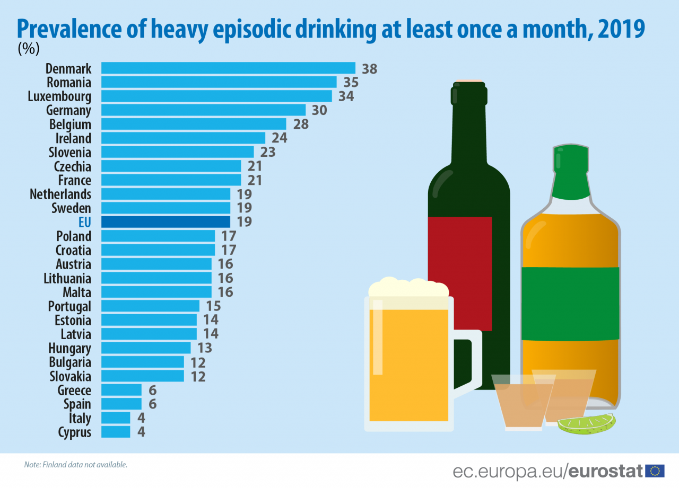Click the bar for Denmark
coord(228,68)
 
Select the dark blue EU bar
coord(166,221)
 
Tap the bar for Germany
coord(203,110)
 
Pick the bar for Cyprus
coord(116,432)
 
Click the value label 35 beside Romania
coord(351,82)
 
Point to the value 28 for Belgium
coord(301,124)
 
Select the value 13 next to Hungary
coord(204,348)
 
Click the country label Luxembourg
coord(59,96)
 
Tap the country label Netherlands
coord(60,194)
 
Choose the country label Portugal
coord(69,306)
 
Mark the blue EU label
coord(84,222)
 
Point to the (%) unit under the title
coord(29,49)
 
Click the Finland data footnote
coord(76,465)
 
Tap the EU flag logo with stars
coord(655,471)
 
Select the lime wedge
coord(586,424)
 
